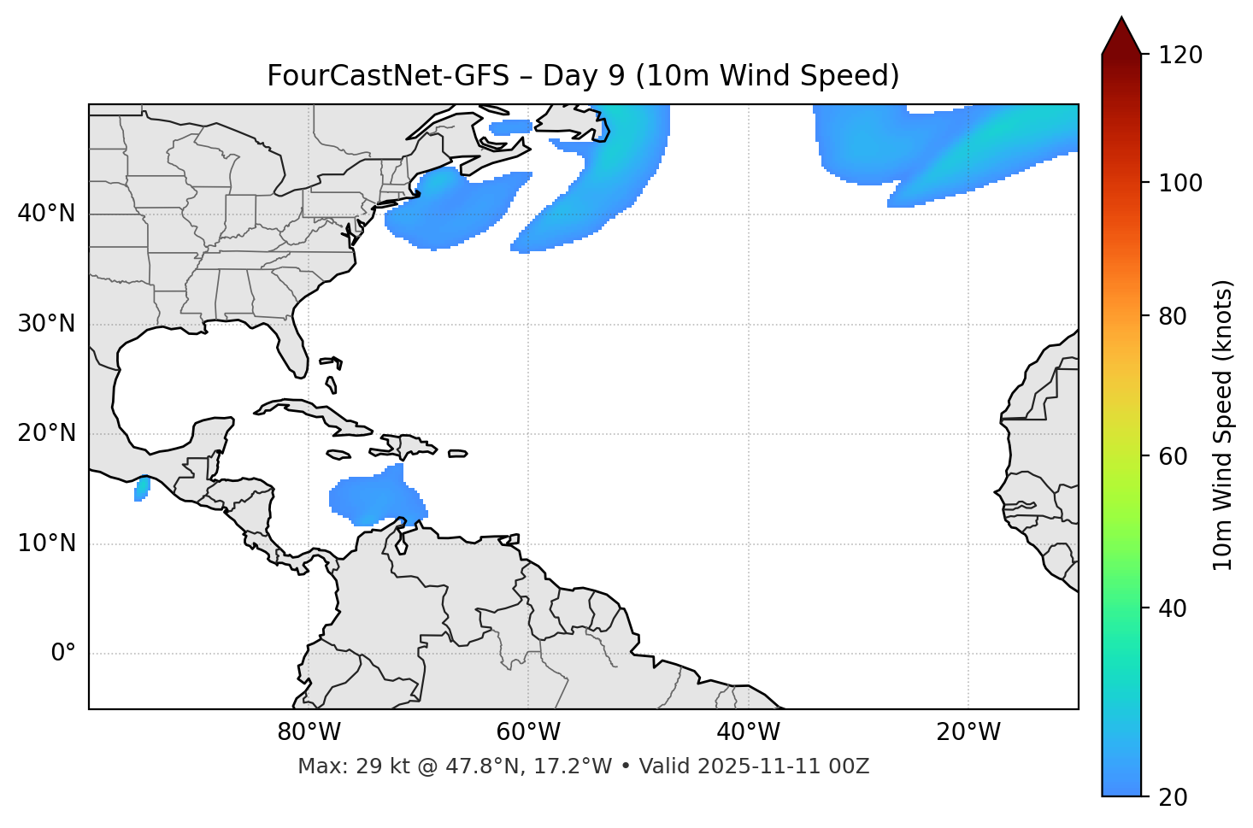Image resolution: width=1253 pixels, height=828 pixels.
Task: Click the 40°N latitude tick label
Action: tap(46, 214)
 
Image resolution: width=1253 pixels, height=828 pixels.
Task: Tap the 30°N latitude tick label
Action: tap(46, 324)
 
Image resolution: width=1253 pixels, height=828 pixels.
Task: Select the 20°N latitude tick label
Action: tap(46, 433)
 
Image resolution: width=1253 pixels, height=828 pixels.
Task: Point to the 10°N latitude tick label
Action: tap(46, 543)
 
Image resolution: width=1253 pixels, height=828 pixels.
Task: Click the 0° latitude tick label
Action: tap(63, 654)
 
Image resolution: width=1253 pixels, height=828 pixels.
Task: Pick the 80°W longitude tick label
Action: tap(309, 732)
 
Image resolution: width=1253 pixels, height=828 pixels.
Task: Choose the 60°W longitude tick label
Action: tap(528, 732)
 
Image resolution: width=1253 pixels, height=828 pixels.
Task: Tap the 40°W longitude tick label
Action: tap(748, 732)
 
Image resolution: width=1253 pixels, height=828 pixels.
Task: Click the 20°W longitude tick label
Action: tap(968, 732)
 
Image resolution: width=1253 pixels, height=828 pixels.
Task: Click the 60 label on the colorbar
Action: tap(1173, 456)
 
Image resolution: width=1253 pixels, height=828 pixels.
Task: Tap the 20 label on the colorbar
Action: tap(1173, 797)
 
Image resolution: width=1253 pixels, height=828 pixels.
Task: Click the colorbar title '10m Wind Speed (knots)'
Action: tap(1223, 425)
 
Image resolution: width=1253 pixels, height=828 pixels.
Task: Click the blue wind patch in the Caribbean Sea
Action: tap(376, 497)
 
